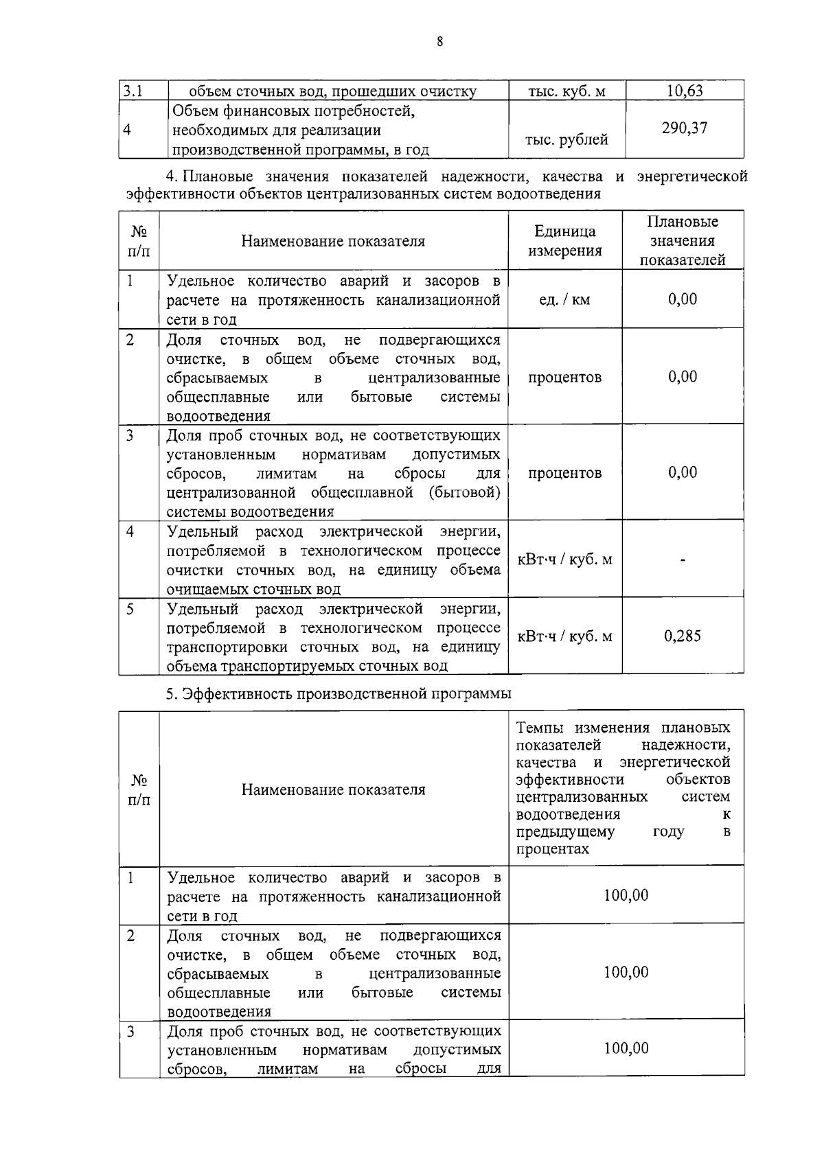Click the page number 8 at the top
click(439, 42)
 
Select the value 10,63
click(685, 91)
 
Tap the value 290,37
click(685, 128)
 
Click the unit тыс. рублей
click(566, 140)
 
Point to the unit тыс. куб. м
click(566, 91)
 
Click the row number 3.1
click(133, 91)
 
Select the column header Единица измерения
click(564, 241)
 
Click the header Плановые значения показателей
click(683, 241)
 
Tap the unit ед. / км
click(564, 299)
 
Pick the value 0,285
click(683, 636)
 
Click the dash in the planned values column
click(683, 560)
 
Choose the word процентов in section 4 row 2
click(564, 378)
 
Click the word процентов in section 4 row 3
click(564, 473)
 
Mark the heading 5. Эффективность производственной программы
click(339, 693)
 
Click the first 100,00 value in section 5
click(626, 895)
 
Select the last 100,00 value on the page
click(626, 1048)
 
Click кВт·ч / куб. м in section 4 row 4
click(564, 560)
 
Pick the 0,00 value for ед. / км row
click(683, 299)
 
